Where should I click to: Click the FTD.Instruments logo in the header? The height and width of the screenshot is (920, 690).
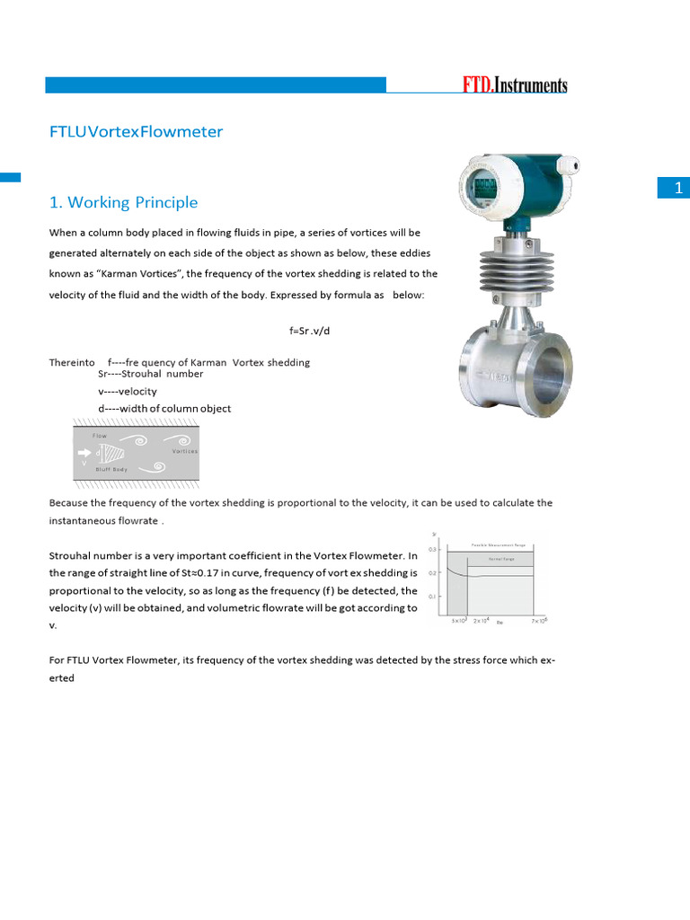pyautogui.click(x=515, y=85)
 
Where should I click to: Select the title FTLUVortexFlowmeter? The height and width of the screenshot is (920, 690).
pyautogui.click(x=136, y=132)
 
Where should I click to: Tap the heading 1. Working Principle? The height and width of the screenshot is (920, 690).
pyautogui.click(x=123, y=203)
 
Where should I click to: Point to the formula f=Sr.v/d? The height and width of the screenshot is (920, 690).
pyautogui.click(x=315, y=331)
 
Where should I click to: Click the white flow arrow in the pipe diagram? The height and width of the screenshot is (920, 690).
pyautogui.click(x=84, y=453)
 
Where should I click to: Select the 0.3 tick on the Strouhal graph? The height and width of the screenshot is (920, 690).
pyautogui.click(x=432, y=549)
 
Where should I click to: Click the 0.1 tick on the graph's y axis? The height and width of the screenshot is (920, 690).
pyautogui.click(x=432, y=597)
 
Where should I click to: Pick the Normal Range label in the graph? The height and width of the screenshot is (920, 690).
pyautogui.click(x=500, y=559)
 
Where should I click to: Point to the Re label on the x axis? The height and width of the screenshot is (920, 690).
pyautogui.click(x=500, y=621)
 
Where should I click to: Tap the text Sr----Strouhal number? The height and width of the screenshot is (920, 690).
pyautogui.click(x=150, y=374)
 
